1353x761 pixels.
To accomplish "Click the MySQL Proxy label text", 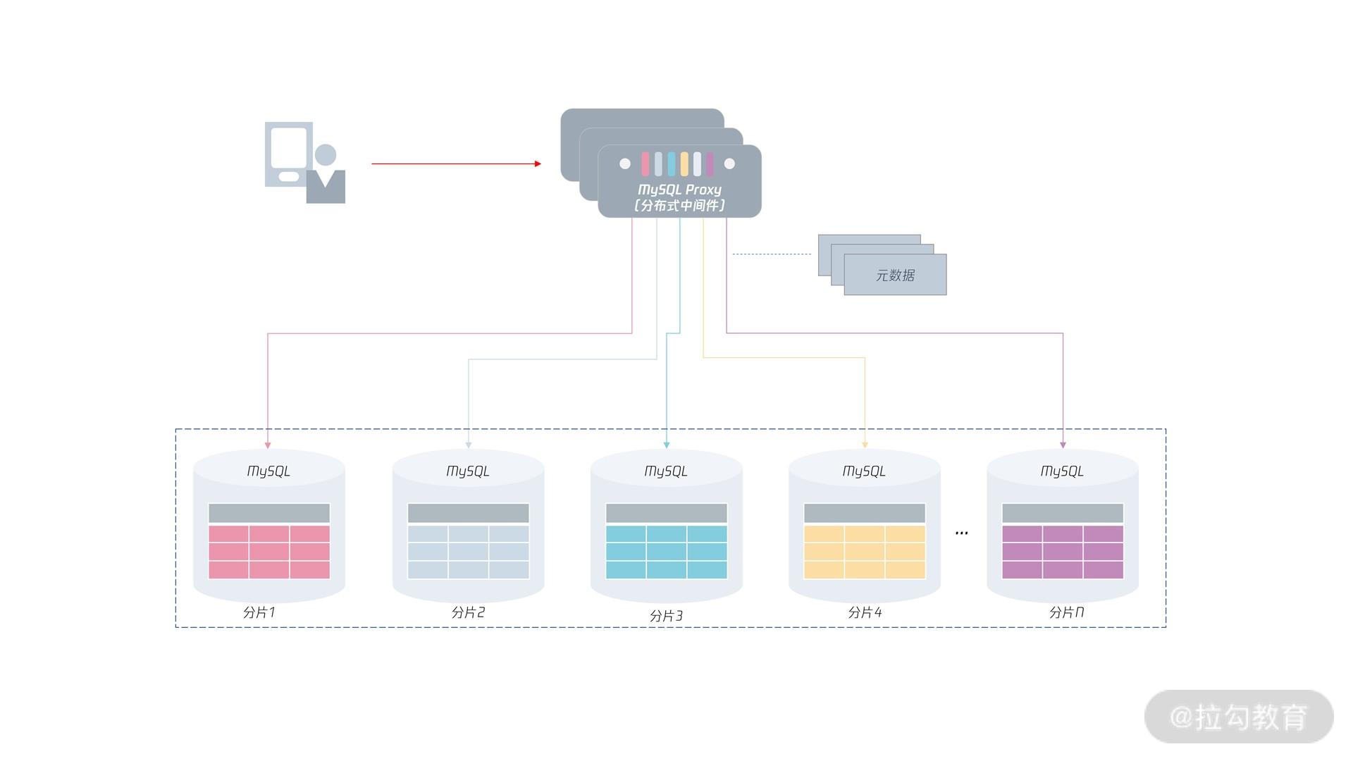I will tap(679, 190).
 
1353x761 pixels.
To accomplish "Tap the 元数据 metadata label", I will tap(895, 276).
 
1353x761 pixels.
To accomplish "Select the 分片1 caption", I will tap(259, 612).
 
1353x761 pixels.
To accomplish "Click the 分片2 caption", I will tap(468, 612).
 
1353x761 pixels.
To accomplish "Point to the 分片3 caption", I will tap(666, 616).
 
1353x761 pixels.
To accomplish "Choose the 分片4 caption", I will tap(865, 612).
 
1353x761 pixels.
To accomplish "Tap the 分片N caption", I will tap(1066, 612).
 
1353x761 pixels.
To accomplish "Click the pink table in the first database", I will tap(269, 551).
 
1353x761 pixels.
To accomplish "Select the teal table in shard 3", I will tap(666, 551).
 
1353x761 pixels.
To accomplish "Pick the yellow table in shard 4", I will tap(865, 551).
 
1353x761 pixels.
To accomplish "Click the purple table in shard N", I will tap(1063, 551).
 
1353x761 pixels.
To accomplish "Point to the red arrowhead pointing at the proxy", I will tap(538, 163).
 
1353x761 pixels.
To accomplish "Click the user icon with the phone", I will tap(305, 163).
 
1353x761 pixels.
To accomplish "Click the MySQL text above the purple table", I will tap(1062, 471).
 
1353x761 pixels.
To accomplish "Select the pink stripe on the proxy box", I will tap(645, 164).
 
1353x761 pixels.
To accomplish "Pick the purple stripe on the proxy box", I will tap(710, 164).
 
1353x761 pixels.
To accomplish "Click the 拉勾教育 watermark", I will tap(1239, 717).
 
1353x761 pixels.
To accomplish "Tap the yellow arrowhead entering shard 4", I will tap(865, 445).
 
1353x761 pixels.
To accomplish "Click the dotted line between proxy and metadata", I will tap(772, 254).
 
